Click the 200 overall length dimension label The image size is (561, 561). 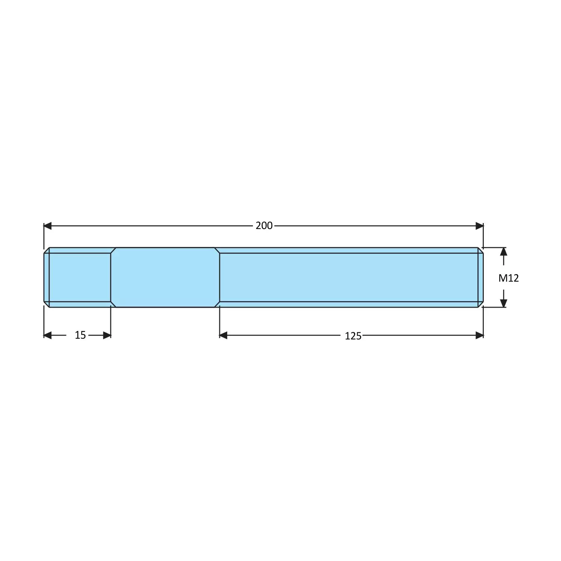tap(264, 226)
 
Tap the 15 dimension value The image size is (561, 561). tap(80, 335)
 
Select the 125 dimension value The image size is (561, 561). tap(353, 336)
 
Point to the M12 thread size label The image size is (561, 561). tap(508, 278)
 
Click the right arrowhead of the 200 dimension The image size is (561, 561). tap(479, 226)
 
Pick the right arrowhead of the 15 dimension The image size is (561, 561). tap(107, 335)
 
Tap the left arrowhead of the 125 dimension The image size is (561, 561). tap(223, 335)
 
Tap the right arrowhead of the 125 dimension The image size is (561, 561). tap(479, 335)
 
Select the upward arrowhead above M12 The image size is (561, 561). tap(503, 251)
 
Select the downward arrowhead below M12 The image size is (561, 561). tap(503, 303)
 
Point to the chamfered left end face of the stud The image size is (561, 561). tap(46, 277)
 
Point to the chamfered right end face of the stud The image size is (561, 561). tap(481, 277)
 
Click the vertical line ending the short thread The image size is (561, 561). tap(111, 277)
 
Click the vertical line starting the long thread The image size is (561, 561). tap(220, 277)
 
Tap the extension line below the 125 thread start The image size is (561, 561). tap(220, 321)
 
